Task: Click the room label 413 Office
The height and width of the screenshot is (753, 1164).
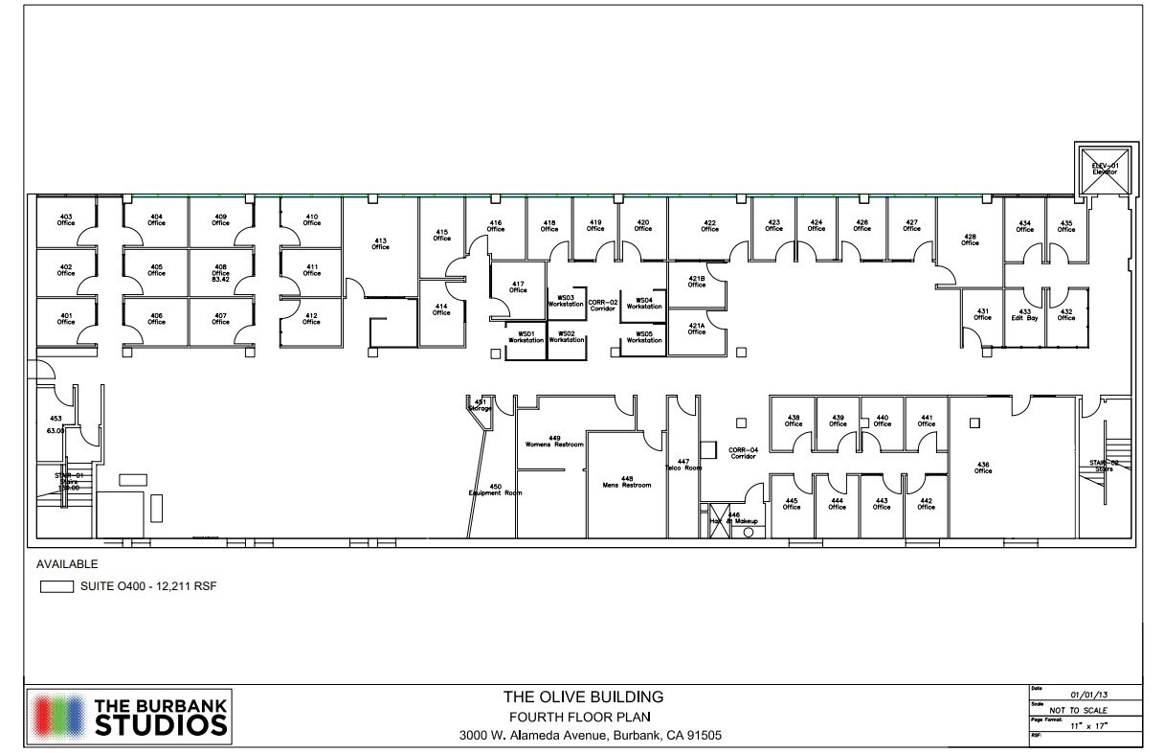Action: [380, 243]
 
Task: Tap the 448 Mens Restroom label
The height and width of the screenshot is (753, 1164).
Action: [627, 481]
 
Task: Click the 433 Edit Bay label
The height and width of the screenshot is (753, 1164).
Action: [1024, 314]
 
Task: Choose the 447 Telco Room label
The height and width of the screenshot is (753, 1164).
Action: [683, 465]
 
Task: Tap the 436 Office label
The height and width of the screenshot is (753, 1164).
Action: [983, 468]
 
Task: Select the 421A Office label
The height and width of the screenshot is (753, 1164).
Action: [696, 329]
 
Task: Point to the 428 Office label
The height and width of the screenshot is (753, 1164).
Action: [970, 240]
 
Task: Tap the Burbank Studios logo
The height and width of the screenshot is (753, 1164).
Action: [130, 717]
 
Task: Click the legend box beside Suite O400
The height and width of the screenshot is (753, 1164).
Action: [56, 586]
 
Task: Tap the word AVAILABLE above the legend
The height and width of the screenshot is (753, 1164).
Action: [67, 564]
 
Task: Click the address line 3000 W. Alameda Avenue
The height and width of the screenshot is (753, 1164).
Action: [591, 737]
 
